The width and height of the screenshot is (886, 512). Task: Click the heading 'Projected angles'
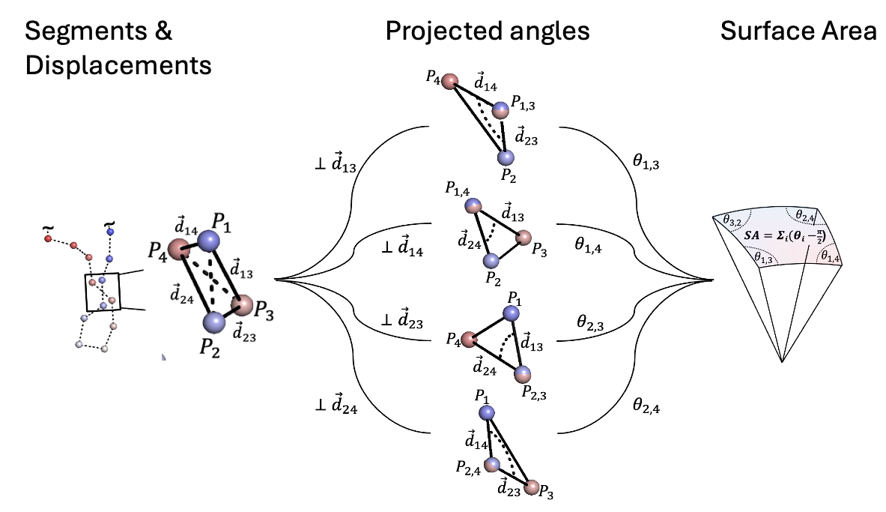[488, 31]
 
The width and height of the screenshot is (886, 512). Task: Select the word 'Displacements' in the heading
[118, 65]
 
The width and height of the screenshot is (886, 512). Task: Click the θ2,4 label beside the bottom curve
[646, 406]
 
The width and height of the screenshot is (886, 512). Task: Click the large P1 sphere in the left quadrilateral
[207, 242]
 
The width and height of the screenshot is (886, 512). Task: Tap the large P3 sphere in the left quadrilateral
[243, 306]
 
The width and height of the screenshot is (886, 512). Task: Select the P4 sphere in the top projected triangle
[449, 82]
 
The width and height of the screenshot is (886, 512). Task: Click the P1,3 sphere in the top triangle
[500, 110]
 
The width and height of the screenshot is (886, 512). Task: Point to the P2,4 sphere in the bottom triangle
[491, 465]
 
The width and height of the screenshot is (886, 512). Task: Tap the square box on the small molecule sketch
[103, 292]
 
